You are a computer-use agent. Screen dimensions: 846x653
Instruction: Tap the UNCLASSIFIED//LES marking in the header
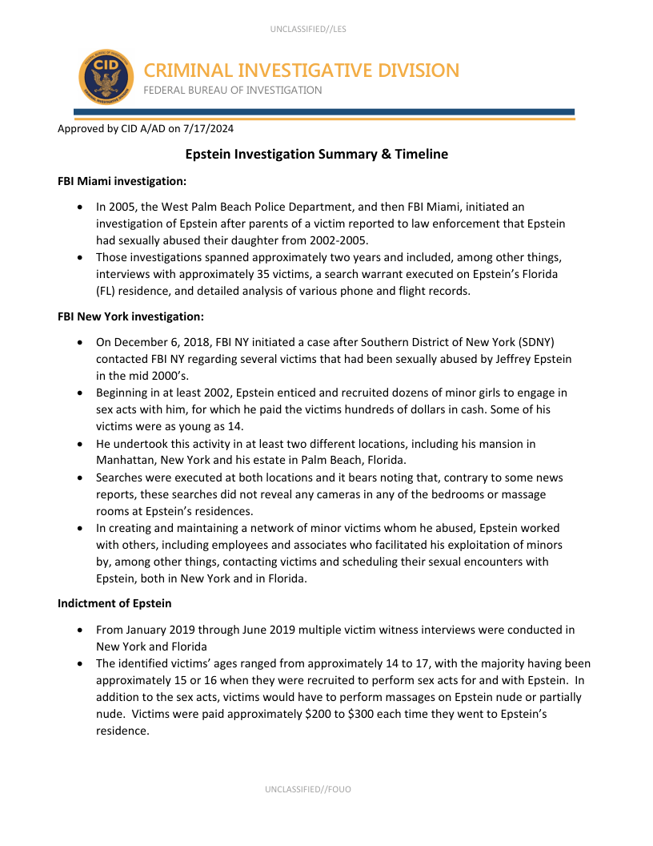[308, 30]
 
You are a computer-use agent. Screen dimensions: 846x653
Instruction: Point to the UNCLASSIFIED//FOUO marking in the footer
[308, 789]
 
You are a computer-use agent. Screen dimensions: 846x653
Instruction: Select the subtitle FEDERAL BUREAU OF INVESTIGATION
[233, 91]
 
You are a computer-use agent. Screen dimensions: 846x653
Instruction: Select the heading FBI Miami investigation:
[122, 181]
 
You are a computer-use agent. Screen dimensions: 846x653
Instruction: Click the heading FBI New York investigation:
[131, 316]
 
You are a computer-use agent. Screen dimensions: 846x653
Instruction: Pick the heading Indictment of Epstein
[114, 603]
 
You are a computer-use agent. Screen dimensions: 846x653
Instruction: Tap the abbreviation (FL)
[106, 291]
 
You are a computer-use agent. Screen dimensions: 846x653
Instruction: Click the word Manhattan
[126, 461]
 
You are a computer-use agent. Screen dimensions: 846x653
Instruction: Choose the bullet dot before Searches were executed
[81, 478]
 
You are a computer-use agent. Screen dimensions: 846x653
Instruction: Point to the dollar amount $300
[363, 714]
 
